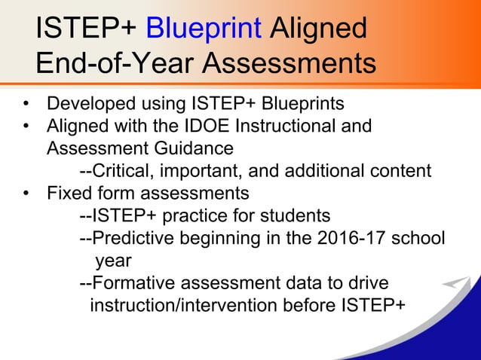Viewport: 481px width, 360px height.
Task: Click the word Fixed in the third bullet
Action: click(x=66, y=193)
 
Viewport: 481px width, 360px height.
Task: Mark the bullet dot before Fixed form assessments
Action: click(x=26, y=194)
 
